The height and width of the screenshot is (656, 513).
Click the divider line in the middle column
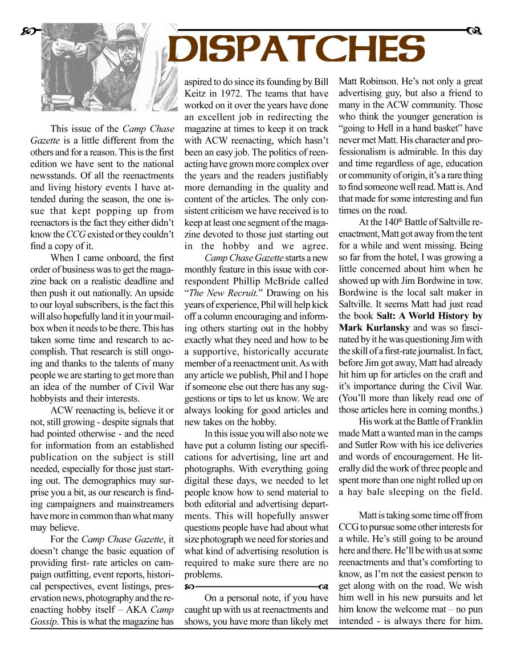[256, 585]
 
